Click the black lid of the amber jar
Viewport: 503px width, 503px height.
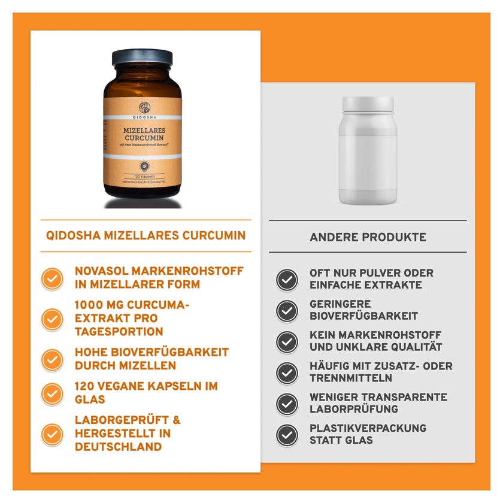click(x=142, y=57)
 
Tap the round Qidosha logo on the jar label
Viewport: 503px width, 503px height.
click(x=144, y=108)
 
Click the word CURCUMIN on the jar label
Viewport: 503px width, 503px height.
click(x=144, y=138)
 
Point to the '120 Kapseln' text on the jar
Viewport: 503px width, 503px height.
click(x=144, y=177)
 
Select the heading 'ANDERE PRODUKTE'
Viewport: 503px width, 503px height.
click(x=368, y=237)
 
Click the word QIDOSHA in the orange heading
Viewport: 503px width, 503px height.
click(x=73, y=235)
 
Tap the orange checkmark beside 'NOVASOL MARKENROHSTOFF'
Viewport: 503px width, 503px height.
click(x=52, y=278)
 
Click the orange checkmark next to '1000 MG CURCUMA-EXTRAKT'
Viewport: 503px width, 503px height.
click(x=52, y=319)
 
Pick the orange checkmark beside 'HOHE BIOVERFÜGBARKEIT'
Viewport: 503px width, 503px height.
click(x=52, y=360)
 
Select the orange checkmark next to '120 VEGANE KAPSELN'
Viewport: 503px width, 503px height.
click(x=52, y=393)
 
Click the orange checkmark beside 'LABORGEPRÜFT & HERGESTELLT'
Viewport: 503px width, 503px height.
click(x=52, y=434)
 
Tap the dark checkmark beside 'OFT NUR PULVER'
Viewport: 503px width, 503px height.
click(x=287, y=280)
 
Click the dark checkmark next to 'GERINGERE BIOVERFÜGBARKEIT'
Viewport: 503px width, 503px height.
click(x=287, y=311)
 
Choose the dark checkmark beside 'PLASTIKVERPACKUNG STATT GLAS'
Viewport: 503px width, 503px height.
click(x=287, y=435)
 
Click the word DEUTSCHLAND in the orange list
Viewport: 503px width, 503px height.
click(x=119, y=447)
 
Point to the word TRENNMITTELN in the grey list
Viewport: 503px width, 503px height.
click(x=351, y=378)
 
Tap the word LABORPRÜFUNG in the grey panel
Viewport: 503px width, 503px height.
click(x=353, y=409)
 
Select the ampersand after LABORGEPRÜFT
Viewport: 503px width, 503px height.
click(x=177, y=420)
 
